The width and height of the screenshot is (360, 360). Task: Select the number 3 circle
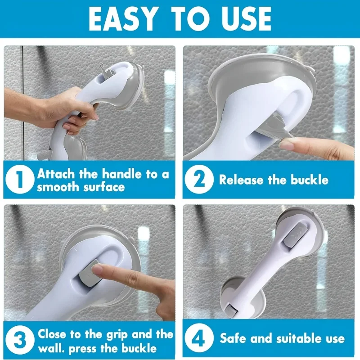[19, 341]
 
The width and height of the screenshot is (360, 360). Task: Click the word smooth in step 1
[58, 187]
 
